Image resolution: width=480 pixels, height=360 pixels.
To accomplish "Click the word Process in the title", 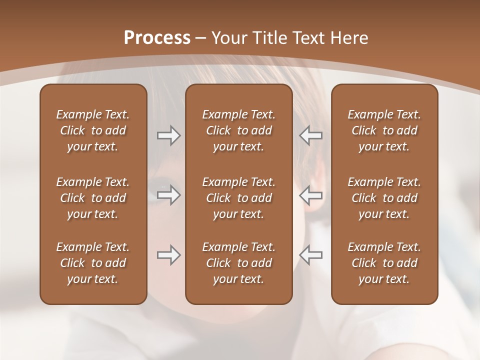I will [x=157, y=38].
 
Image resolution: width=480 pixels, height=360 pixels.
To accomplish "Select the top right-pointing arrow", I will [x=168, y=135].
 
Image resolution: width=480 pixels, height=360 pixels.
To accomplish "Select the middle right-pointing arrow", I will [x=168, y=194].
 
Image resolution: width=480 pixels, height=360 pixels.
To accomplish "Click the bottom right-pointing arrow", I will [x=168, y=255].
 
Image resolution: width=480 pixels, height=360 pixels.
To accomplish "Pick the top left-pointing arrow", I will [x=310, y=135].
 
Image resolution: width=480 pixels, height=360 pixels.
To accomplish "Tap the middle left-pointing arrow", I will [x=310, y=194].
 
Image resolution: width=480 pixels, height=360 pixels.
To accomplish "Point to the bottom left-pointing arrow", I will [x=310, y=255].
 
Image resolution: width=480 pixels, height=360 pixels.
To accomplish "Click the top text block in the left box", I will [x=93, y=130].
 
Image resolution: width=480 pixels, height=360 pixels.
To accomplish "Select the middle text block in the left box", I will [x=93, y=198].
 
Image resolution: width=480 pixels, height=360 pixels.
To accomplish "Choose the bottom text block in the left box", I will [x=93, y=263].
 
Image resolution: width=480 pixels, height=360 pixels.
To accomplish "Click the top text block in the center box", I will [x=238, y=130].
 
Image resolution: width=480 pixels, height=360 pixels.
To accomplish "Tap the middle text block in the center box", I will [x=238, y=198].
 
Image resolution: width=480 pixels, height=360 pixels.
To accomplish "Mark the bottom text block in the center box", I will [x=238, y=263].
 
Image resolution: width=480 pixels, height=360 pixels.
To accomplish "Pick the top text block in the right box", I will [x=384, y=130].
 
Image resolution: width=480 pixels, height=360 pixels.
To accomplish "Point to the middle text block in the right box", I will [x=384, y=198].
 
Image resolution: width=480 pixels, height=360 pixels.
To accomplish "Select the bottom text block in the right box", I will [x=384, y=263].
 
